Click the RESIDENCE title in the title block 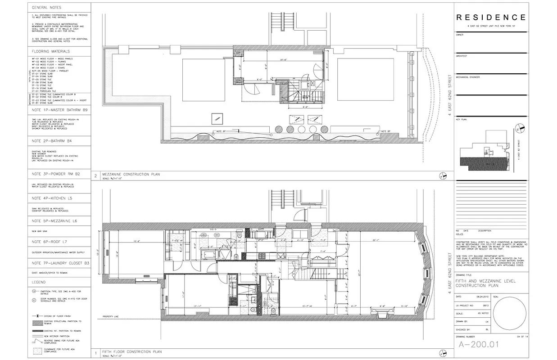pyautogui.click(x=491, y=18)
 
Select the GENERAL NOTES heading pyautogui.click(x=47, y=8)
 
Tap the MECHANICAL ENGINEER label pyautogui.click(x=468, y=77)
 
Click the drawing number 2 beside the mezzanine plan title pyautogui.click(x=95, y=175)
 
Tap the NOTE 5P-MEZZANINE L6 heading pyautogui.click(x=54, y=221)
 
